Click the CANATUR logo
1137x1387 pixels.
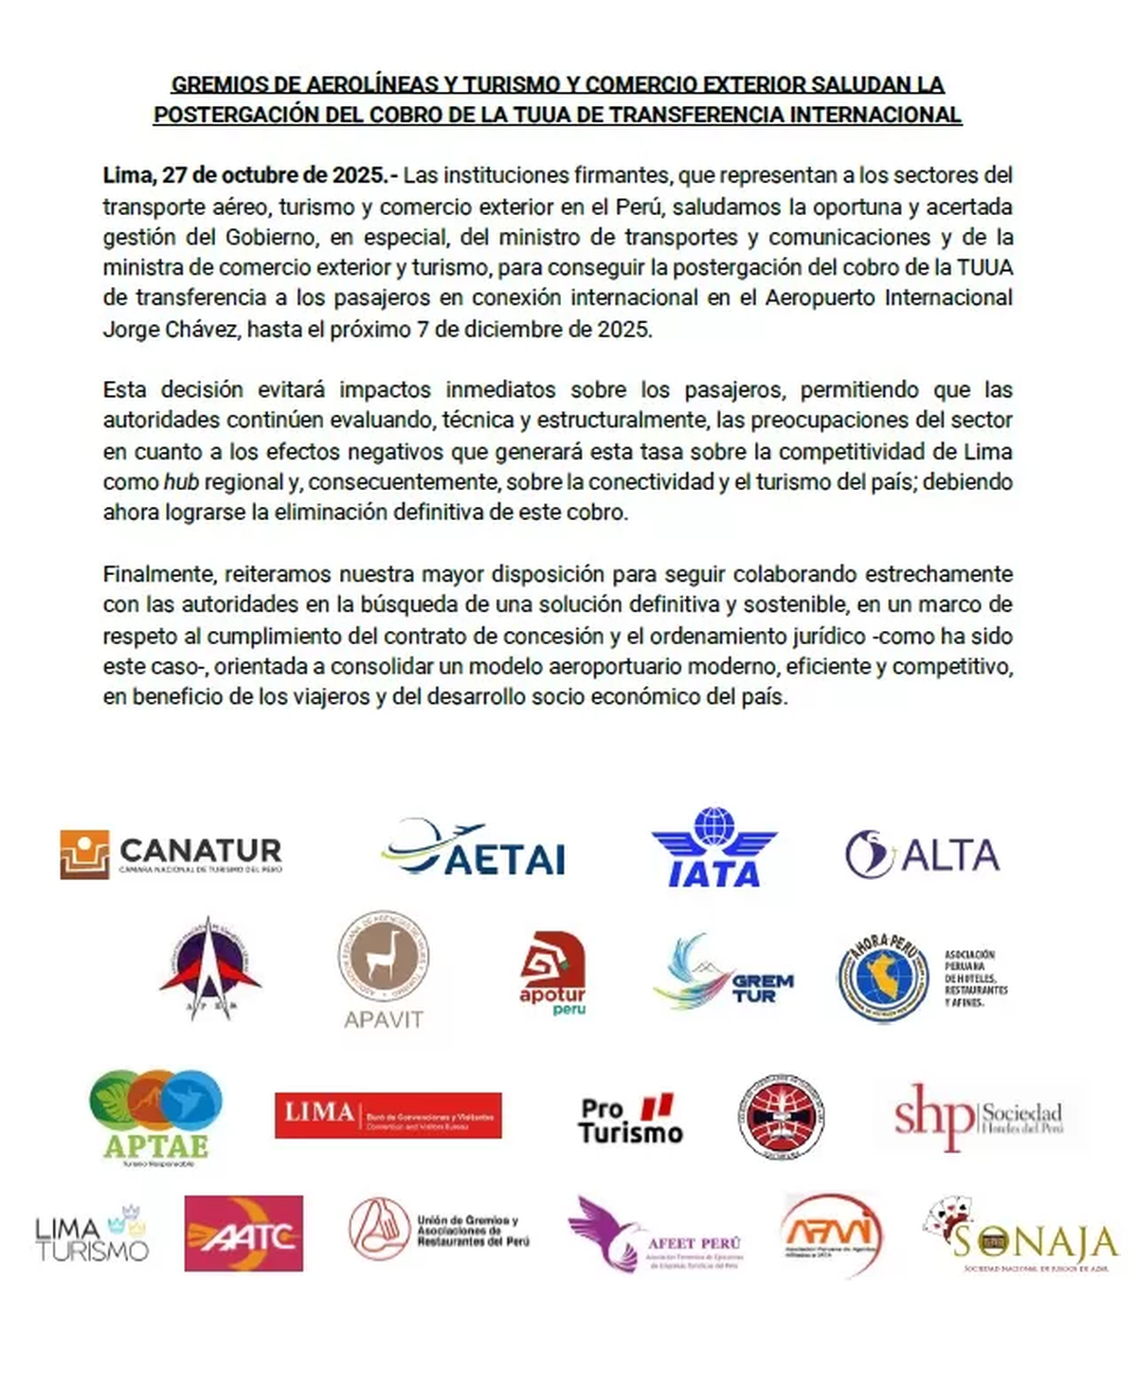click(x=171, y=854)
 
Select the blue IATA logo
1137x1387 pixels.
click(x=713, y=848)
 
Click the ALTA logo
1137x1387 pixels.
click(x=922, y=855)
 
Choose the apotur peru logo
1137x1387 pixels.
click(x=552, y=974)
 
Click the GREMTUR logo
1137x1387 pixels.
click(x=724, y=974)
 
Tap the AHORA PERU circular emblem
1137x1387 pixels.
click(x=882, y=978)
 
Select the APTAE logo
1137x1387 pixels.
click(x=155, y=1116)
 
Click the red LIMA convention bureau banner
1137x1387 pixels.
click(x=388, y=1115)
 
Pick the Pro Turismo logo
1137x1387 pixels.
click(x=630, y=1120)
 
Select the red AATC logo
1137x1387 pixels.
click(x=244, y=1234)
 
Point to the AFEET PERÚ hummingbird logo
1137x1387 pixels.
click(x=656, y=1234)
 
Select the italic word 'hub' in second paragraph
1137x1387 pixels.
click(x=181, y=481)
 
